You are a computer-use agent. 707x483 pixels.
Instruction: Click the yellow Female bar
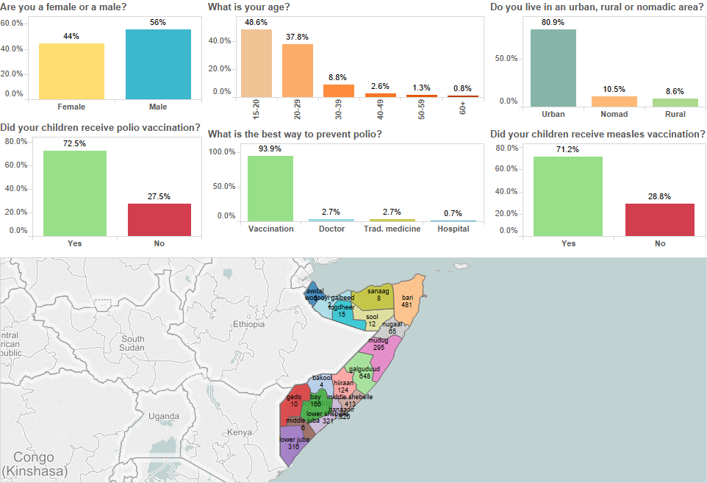click(x=71, y=71)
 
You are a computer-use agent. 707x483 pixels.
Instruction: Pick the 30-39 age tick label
click(x=338, y=111)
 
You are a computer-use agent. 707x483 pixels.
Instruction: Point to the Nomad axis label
click(x=614, y=114)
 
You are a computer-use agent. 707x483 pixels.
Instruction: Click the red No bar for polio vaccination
click(x=159, y=220)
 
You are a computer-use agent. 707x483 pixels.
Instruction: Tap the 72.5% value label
click(x=74, y=143)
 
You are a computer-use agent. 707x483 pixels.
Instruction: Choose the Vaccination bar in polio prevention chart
click(x=270, y=188)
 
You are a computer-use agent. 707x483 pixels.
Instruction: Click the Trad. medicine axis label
click(x=392, y=229)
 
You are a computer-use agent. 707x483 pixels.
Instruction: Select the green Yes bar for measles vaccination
click(x=567, y=196)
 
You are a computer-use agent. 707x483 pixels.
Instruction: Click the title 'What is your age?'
click(x=248, y=7)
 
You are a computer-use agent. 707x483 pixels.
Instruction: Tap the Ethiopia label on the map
click(x=248, y=324)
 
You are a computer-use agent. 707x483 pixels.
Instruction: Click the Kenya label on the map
click(x=240, y=432)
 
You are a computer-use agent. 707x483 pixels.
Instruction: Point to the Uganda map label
click(x=163, y=416)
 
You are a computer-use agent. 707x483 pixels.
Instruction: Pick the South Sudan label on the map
click(x=134, y=343)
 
